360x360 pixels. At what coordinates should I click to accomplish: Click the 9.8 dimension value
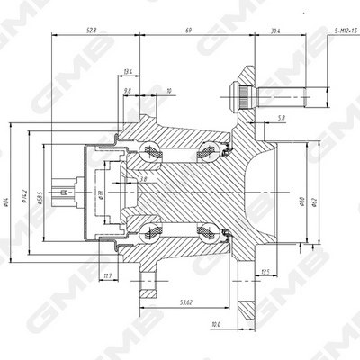[x=126, y=90]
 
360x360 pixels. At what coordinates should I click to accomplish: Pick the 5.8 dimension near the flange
[x=283, y=118]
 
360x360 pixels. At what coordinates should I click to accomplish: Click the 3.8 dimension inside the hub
[x=143, y=180]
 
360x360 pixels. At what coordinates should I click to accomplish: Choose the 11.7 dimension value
[x=108, y=276]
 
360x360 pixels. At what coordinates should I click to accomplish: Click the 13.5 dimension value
[x=265, y=272]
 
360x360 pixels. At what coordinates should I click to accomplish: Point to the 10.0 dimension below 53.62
[x=216, y=324]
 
